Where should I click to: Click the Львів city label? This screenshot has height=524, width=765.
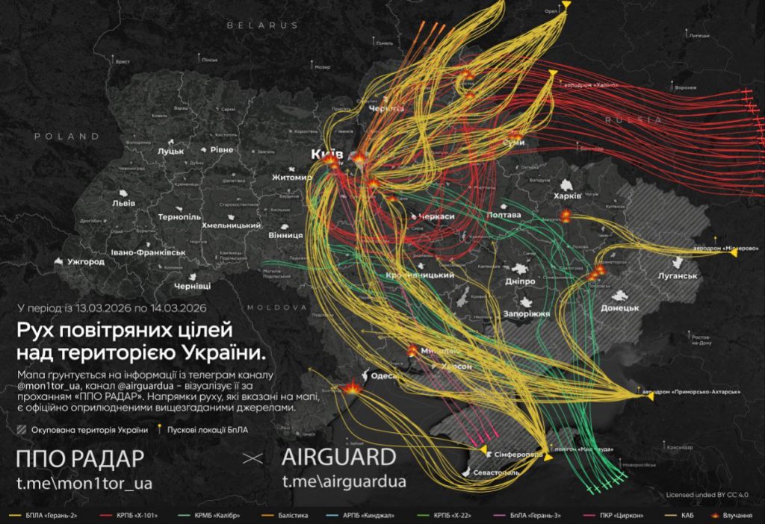[x=123, y=202]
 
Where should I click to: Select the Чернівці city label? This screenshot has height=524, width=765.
[x=193, y=286]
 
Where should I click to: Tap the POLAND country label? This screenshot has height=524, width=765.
[x=66, y=137]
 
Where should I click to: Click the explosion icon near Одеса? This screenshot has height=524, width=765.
[x=353, y=387]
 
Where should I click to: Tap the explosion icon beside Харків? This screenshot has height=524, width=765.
[x=566, y=215]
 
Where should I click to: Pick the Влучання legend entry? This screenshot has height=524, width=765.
[x=737, y=516]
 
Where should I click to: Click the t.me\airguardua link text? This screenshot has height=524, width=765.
[x=344, y=481]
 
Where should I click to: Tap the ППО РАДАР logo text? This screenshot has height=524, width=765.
[x=80, y=458]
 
